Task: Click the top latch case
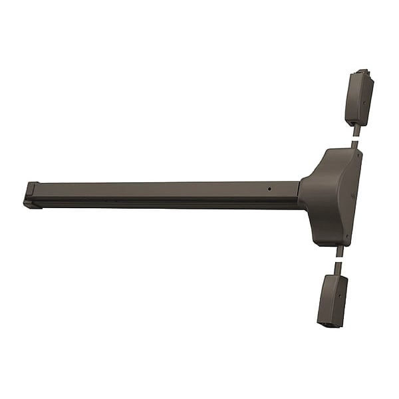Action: (x=358, y=98)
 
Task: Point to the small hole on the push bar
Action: (x=269, y=188)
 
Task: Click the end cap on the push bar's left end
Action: (x=31, y=196)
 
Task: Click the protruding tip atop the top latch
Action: (x=362, y=71)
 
